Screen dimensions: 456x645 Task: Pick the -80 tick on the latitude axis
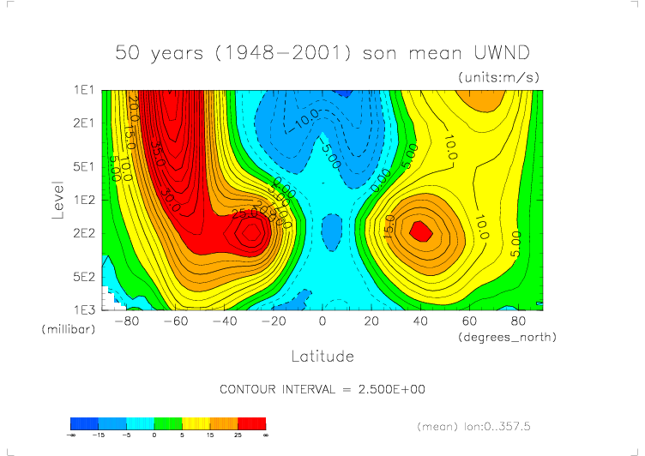pyautogui.click(x=126, y=321)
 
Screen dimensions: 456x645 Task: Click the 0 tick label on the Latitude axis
pyautogui.click(x=322, y=321)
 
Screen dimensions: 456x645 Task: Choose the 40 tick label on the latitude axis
pyautogui.click(x=420, y=321)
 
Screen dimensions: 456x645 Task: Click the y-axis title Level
pyautogui.click(x=58, y=199)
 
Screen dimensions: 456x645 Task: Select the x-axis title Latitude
pyautogui.click(x=322, y=355)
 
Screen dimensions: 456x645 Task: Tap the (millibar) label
pyautogui.click(x=66, y=329)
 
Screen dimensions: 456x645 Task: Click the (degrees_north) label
pyautogui.click(x=506, y=337)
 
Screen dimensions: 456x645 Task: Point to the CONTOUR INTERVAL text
pyautogui.click(x=322, y=389)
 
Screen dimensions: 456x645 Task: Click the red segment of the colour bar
pyautogui.click(x=251, y=423)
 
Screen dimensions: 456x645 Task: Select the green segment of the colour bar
pyautogui.click(x=168, y=423)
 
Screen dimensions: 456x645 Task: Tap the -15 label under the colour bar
pyautogui.click(x=113, y=435)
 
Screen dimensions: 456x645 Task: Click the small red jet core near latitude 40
pyautogui.click(x=420, y=230)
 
